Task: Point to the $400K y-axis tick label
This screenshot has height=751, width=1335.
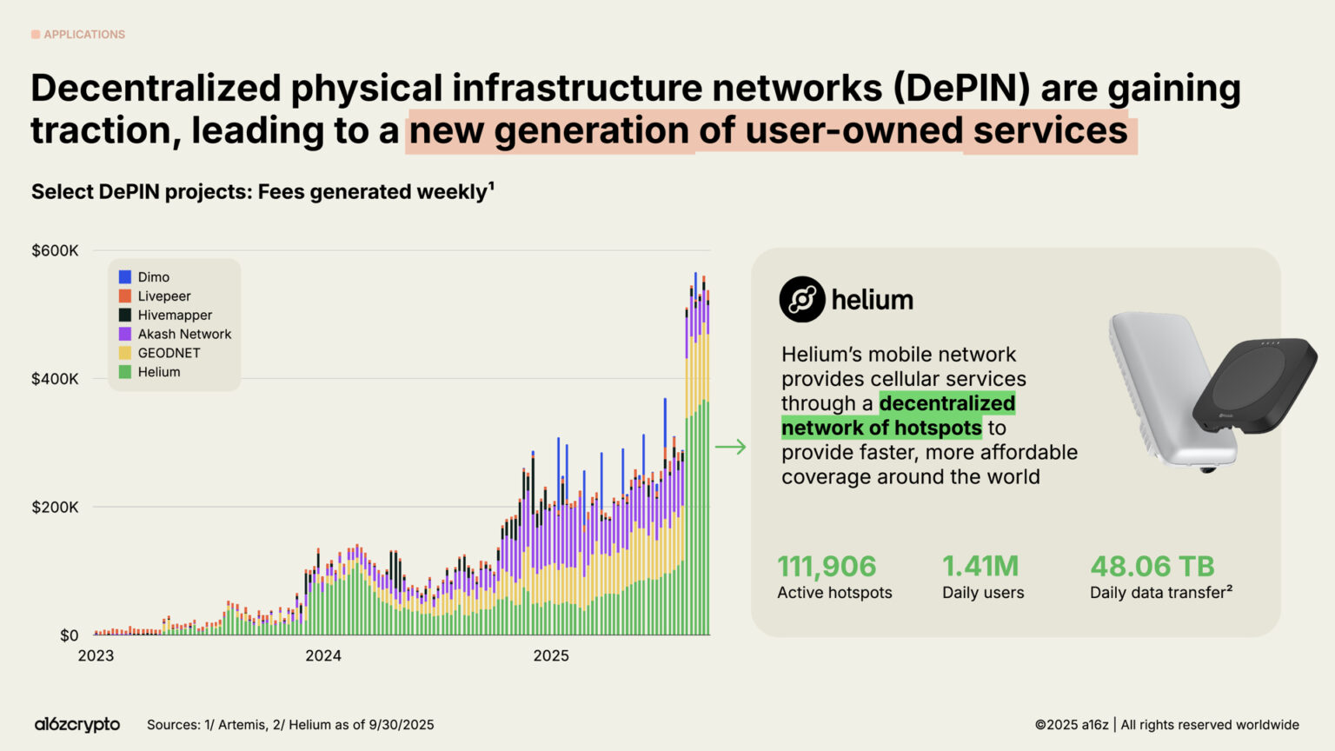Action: pyautogui.click(x=55, y=379)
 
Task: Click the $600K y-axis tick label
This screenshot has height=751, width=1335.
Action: pyautogui.click(x=55, y=251)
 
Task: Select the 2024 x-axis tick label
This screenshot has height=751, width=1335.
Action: pyautogui.click(x=323, y=655)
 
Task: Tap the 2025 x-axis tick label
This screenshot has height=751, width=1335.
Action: pyautogui.click(x=551, y=655)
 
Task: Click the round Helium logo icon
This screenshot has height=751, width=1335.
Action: pyautogui.click(x=801, y=300)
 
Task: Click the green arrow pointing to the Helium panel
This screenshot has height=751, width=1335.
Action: pyautogui.click(x=730, y=447)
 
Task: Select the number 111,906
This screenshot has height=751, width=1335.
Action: pyautogui.click(x=827, y=567)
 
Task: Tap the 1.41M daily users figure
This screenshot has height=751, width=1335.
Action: pyautogui.click(x=980, y=567)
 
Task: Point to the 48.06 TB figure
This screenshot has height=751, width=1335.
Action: pyautogui.click(x=1152, y=567)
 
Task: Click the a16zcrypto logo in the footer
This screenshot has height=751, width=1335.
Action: pyautogui.click(x=77, y=724)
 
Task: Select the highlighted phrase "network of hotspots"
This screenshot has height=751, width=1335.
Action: pyautogui.click(x=881, y=428)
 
